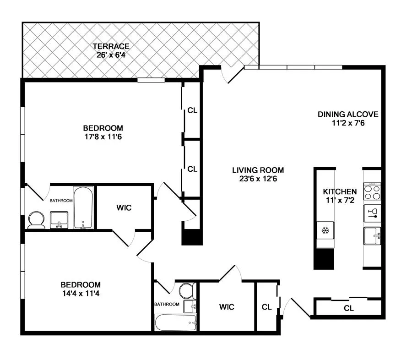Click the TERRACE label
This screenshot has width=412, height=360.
111,46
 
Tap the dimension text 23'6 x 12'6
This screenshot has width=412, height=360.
255,179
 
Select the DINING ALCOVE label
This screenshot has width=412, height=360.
348,114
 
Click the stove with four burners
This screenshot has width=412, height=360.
372,192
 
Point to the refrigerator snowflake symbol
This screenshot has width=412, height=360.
325,229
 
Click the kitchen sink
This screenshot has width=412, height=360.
372,236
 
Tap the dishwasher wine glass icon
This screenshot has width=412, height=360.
372,213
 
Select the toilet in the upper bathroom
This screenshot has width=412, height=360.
35,220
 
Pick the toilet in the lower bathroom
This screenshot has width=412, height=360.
187,290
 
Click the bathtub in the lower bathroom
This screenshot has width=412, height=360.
176,323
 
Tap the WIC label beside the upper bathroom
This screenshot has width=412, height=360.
124,207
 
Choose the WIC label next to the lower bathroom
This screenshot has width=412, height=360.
227,306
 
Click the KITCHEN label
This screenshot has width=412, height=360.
340,191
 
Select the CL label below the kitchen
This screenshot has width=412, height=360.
349,308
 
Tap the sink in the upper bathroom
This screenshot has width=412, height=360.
59,219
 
